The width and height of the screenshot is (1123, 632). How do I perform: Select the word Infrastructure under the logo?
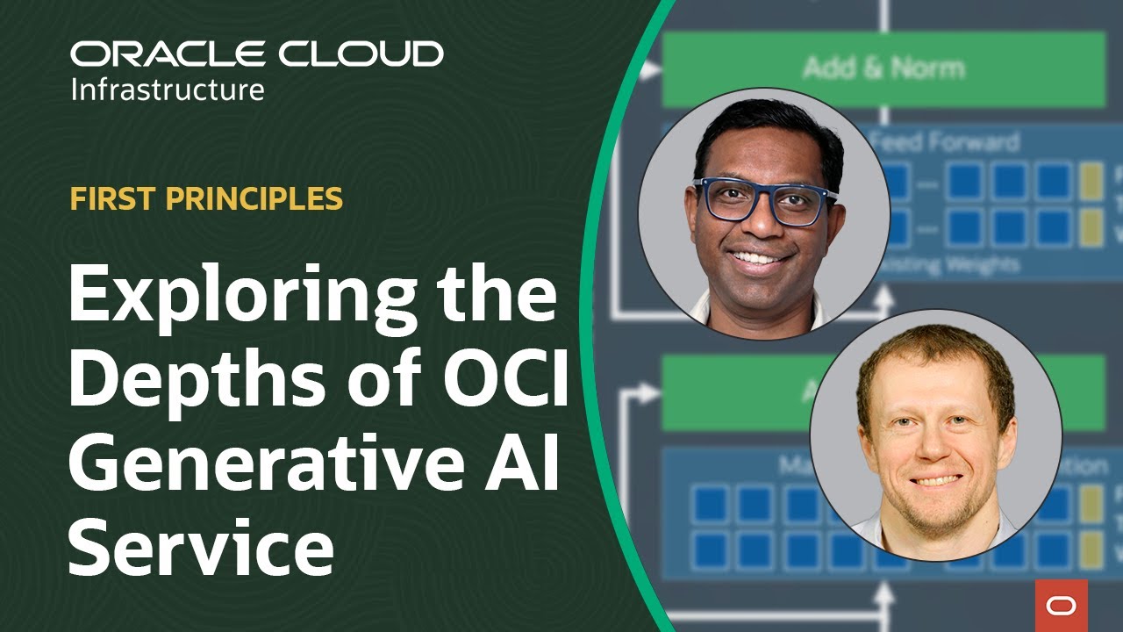(167, 90)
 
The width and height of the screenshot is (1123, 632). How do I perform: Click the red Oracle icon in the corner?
(1061, 605)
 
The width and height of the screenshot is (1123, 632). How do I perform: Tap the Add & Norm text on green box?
(883, 68)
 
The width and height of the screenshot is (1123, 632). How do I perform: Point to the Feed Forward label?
(948, 141)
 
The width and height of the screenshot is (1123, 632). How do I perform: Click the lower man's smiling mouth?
(937, 479)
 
